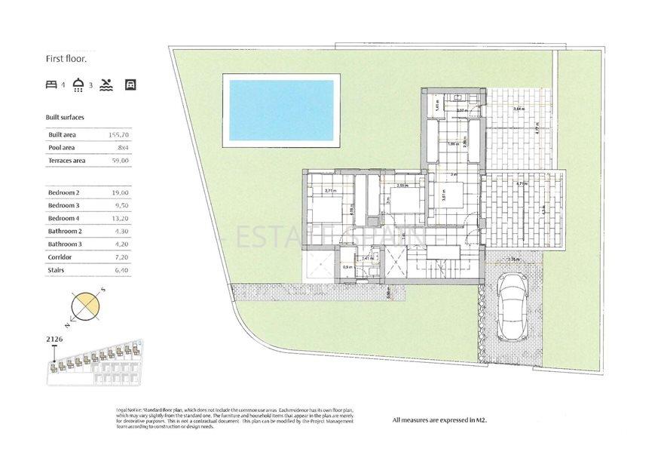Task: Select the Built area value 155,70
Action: (x=119, y=134)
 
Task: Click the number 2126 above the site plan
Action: (x=54, y=339)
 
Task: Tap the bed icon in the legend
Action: (x=51, y=84)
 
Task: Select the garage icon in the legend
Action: (x=130, y=84)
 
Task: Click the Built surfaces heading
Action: (x=65, y=118)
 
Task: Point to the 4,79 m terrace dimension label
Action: (x=520, y=183)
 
